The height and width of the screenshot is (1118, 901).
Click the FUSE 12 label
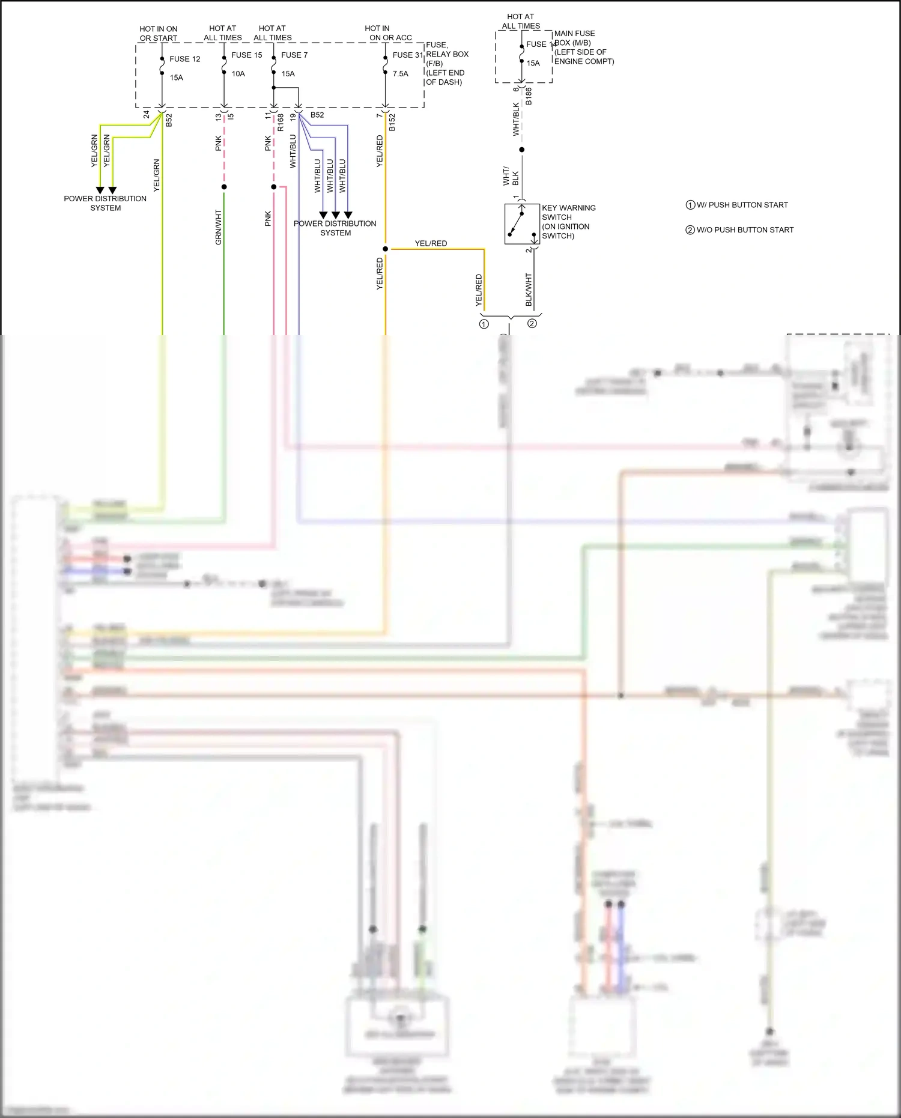pos(184,59)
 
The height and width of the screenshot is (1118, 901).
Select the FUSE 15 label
pos(246,55)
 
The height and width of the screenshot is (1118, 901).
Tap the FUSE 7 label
pos(294,55)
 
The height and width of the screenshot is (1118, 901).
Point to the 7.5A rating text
pos(400,74)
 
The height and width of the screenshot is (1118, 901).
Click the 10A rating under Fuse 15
pos(238,74)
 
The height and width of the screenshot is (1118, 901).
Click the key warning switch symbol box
pos(521,223)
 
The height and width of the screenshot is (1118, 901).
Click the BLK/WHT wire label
pos(529,290)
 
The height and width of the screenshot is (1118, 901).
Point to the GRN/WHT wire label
pos(219,227)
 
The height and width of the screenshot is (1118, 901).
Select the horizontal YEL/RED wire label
pos(431,243)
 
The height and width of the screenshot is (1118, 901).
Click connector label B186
pos(529,96)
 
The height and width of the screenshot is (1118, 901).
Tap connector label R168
pos(281,123)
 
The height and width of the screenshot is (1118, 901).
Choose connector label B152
pos(392,122)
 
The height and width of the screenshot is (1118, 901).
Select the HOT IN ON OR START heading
pos(159,33)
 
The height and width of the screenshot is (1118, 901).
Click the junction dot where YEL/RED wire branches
pos(385,249)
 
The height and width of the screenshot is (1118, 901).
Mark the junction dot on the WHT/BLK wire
pos(521,150)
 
